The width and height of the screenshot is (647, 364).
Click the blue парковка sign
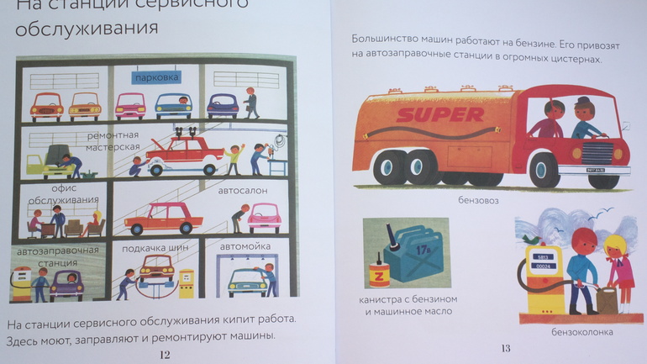pyautogui.click(x=156, y=77)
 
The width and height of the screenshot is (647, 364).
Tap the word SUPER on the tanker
pyautogui.click(x=439, y=114)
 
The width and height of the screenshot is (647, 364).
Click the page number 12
pyautogui.click(x=165, y=355)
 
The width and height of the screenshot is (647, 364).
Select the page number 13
pyautogui.click(x=506, y=348)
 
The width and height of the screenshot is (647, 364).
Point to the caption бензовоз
pyautogui.click(x=478, y=201)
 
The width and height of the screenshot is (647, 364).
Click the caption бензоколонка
pyautogui.click(x=582, y=332)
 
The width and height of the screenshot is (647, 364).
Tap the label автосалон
pyautogui.click(x=243, y=191)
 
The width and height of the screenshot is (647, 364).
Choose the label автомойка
pyautogui.click(x=245, y=246)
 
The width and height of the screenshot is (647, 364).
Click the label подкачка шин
pyautogui.click(x=155, y=248)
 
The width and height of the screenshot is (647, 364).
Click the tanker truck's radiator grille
pyautogui.click(x=597, y=153)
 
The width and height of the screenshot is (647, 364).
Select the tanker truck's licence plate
pyautogui.click(x=596, y=170)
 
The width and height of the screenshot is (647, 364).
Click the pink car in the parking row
pyautogui.click(x=130, y=106)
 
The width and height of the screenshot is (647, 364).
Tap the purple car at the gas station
pyautogui.click(x=67, y=285)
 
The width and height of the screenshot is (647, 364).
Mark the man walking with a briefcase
pyautogui.click(x=251, y=103)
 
